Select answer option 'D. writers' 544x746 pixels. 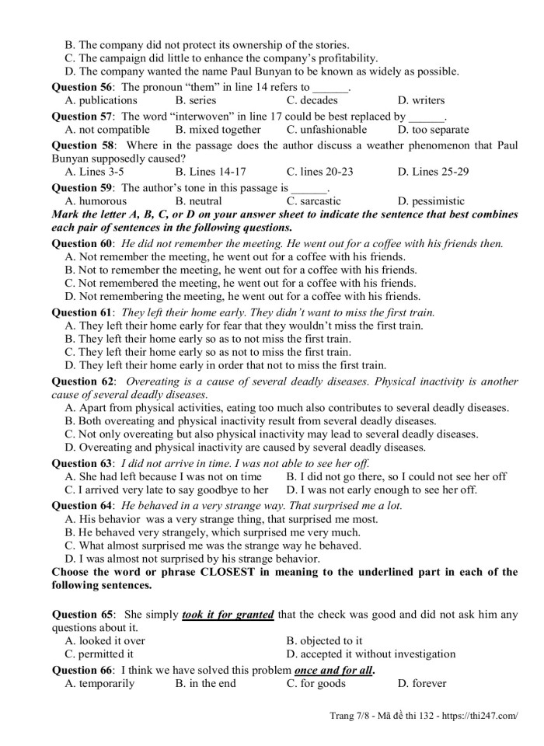click(x=420, y=100)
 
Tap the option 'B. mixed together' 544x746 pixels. click(x=218, y=130)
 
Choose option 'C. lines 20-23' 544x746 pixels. click(x=319, y=172)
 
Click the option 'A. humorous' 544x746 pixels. click(x=96, y=200)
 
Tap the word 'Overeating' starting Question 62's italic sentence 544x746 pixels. click(x=153, y=382)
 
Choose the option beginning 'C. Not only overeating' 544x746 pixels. click(x=271, y=434)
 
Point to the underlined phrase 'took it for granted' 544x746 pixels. click(x=228, y=615)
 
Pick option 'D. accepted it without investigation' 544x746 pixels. click(x=371, y=654)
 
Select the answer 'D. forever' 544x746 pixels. click(x=421, y=684)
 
